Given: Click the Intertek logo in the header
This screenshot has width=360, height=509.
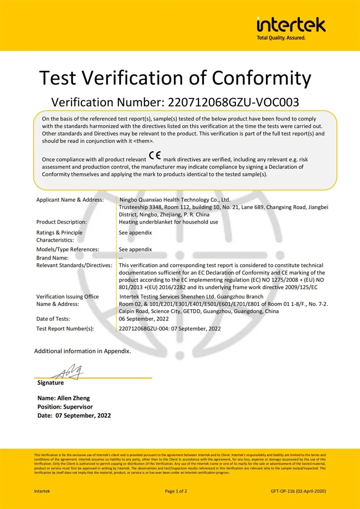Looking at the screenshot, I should (291, 25).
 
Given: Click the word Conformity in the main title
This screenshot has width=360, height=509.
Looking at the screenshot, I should (261, 78).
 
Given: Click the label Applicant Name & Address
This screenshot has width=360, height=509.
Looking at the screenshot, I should (70, 200).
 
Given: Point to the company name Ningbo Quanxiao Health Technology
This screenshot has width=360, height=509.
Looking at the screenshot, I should (175, 200).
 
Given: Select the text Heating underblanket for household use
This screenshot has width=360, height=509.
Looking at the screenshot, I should (168, 222).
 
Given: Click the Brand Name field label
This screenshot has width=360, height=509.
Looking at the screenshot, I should (52, 258).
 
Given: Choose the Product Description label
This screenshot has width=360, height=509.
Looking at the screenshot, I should (61, 222).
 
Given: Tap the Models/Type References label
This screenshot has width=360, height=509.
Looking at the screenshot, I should (67, 249).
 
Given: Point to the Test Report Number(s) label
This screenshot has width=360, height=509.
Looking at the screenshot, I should (65, 329).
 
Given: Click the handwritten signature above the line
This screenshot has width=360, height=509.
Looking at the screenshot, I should (67, 372).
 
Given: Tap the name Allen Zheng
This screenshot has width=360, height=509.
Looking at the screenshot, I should (73, 398).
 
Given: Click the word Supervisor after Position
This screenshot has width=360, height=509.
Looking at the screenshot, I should (78, 407).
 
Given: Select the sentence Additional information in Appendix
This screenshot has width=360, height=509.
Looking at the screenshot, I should (82, 351).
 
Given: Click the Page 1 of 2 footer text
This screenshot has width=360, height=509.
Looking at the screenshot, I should (176, 491).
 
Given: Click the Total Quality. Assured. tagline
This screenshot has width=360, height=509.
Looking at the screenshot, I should (281, 38).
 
